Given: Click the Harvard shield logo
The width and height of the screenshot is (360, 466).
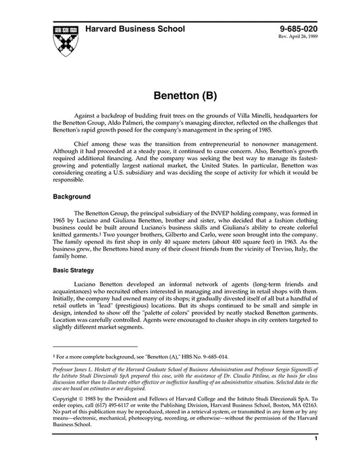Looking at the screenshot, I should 64,40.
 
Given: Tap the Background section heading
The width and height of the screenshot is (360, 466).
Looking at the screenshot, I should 72,197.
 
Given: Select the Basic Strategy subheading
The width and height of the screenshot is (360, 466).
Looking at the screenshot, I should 75,269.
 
